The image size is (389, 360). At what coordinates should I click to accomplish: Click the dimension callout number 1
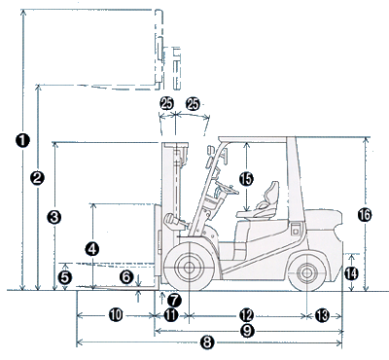point(23,140)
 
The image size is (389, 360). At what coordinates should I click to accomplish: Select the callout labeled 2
point(38,178)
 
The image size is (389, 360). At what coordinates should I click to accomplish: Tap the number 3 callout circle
point(54,217)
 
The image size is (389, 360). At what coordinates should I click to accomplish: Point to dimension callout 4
point(92,249)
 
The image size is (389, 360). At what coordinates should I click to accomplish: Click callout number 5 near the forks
point(65,277)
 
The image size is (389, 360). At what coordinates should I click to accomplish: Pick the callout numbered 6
point(126,277)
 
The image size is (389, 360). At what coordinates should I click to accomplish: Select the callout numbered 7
point(174,300)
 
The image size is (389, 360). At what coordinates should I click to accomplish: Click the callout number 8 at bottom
point(207,342)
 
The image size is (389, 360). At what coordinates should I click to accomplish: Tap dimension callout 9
point(248,331)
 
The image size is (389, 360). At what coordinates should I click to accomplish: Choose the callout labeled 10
point(116,315)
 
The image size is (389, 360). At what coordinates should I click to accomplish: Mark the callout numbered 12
point(246,315)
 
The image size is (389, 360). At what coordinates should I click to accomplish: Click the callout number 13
point(323,315)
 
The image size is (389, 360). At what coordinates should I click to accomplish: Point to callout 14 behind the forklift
point(351,273)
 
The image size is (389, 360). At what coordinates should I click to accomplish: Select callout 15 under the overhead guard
point(247,179)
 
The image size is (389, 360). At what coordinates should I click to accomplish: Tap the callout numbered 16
point(365,215)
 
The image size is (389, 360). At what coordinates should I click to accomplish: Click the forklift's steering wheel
point(227,188)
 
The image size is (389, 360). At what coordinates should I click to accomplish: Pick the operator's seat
point(260,201)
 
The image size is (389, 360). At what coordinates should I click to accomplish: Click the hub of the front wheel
point(189,268)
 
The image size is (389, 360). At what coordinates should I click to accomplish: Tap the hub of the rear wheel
point(306,273)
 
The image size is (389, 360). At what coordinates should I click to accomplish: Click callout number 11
point(171,315)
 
